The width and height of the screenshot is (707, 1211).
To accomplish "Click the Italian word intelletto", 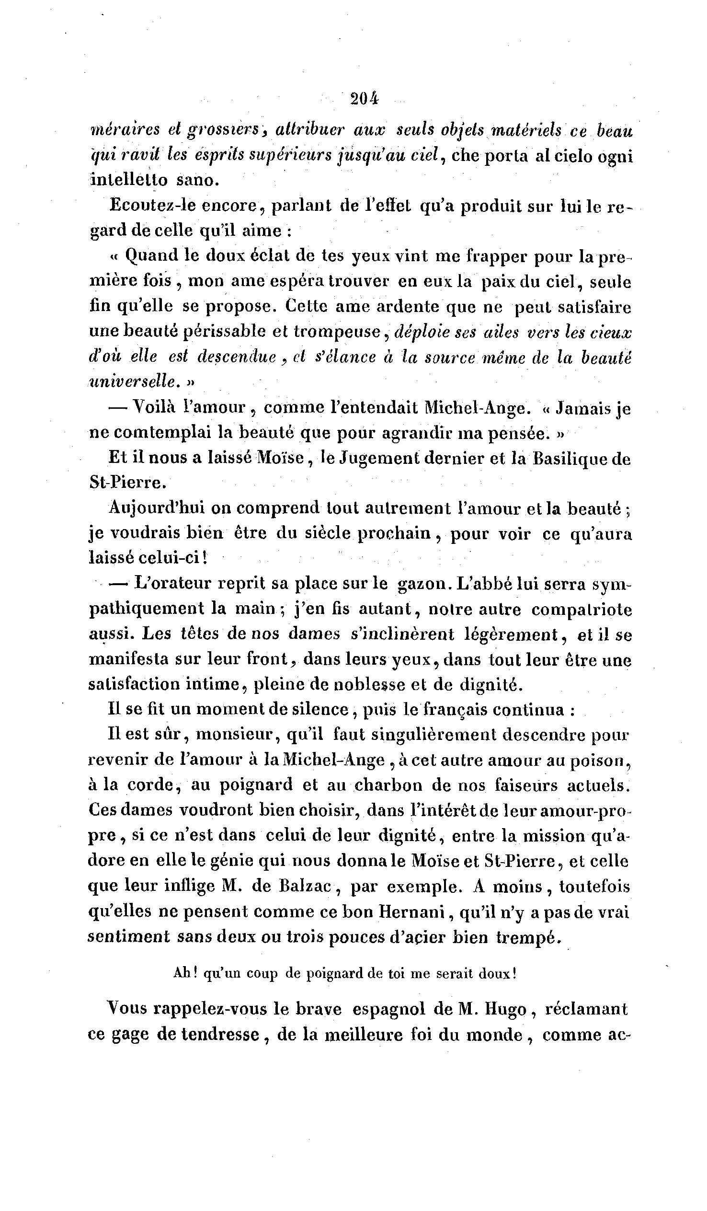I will [x=128, y=180].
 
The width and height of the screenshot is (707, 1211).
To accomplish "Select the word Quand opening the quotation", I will [x=151, y=255].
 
